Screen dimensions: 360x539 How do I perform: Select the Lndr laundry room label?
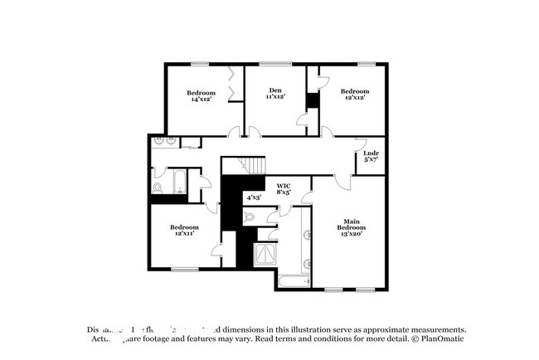click(371, 156)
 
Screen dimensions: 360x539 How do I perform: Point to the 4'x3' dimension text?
click(255, 197)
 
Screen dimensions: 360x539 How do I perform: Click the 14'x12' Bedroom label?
click(201, 95)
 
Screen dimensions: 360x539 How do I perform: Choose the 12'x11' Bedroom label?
click(184, 231)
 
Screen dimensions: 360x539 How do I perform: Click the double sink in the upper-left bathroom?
click(164, 142)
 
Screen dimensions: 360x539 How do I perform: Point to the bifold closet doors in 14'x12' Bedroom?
click(235, 84)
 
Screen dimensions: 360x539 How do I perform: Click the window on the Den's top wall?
click(274, 63)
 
